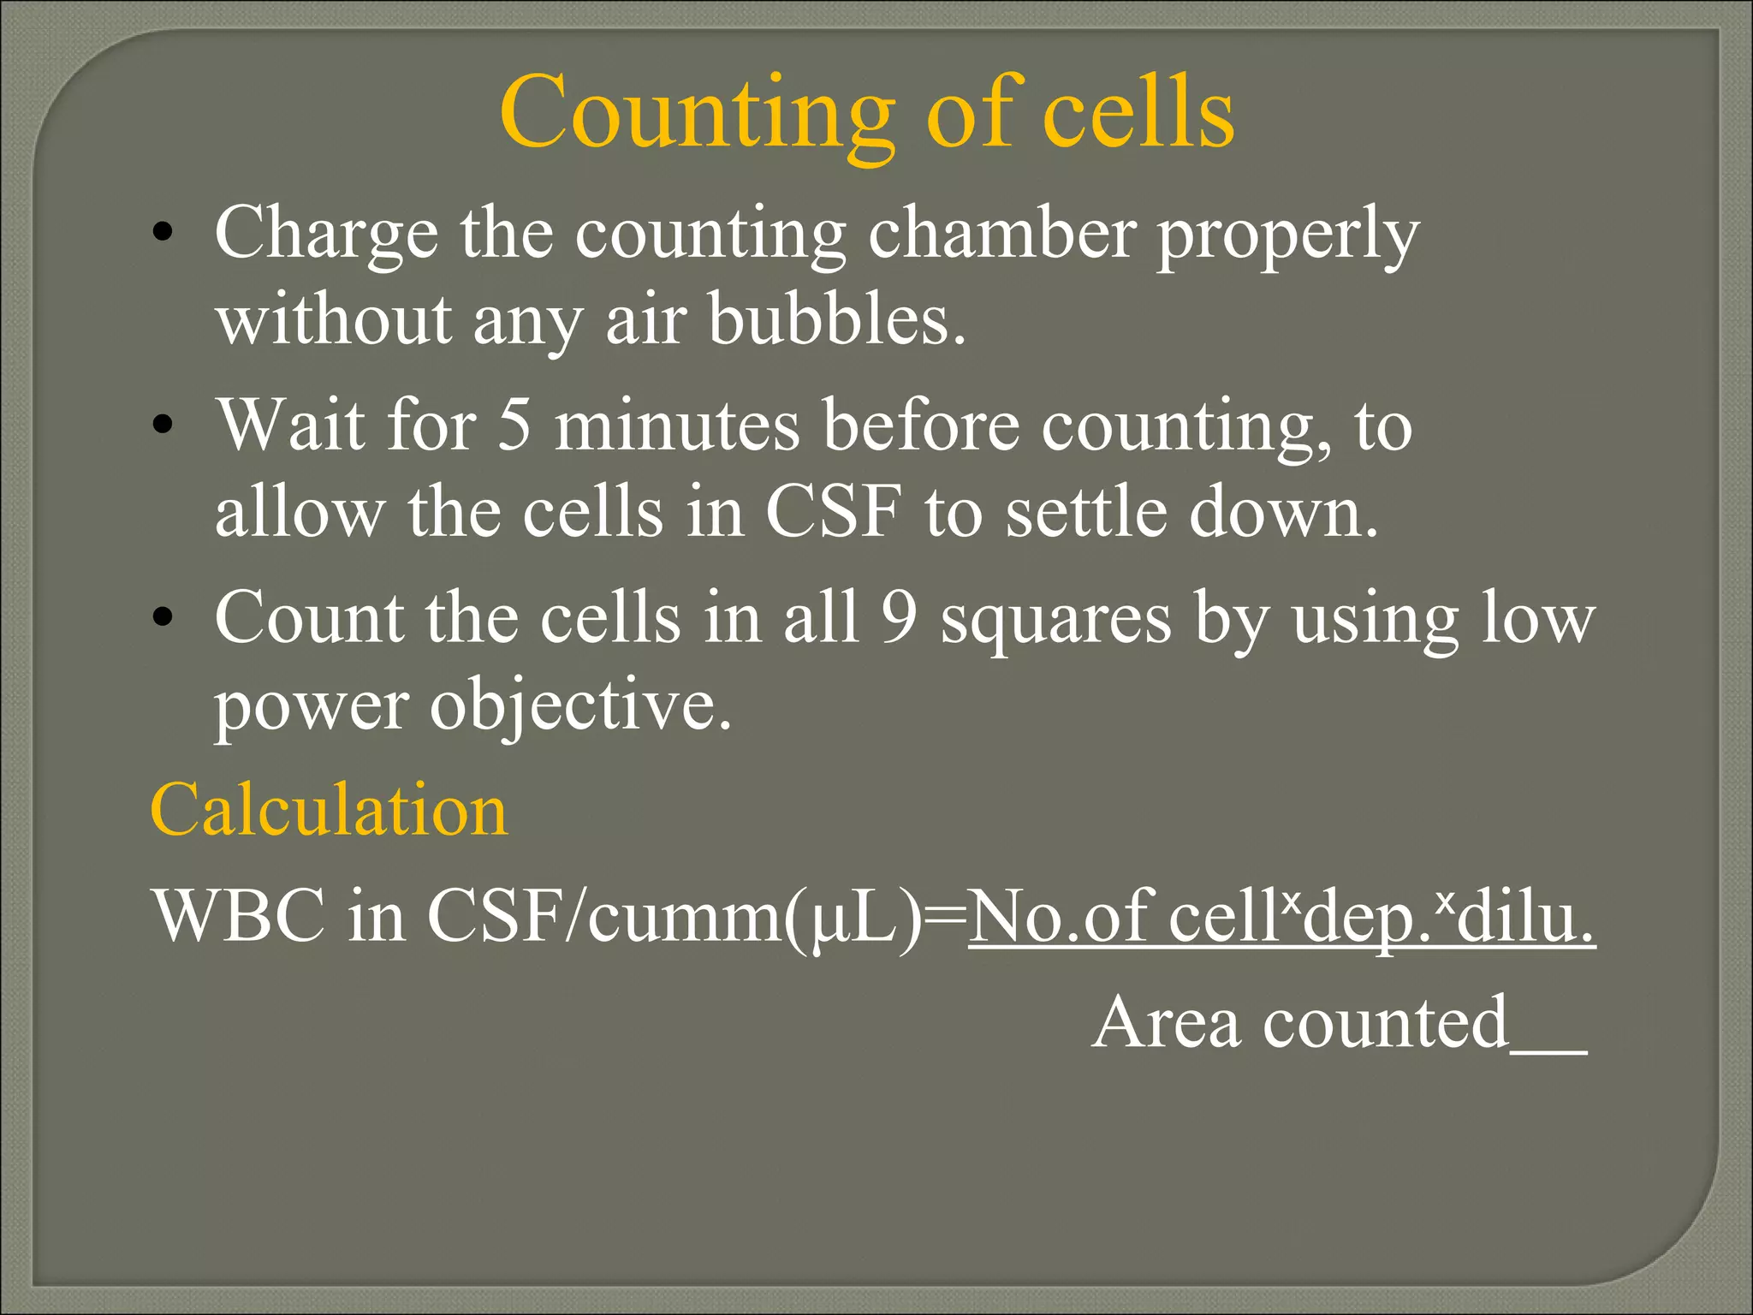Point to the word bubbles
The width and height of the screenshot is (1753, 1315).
[837, 319]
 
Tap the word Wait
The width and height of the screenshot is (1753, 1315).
[290, 425]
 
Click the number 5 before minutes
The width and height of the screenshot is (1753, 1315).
[514, 425]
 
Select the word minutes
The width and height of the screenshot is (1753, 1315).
[677, 425]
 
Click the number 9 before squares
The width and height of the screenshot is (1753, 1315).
[899, 617]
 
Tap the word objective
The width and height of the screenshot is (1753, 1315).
[580, 707]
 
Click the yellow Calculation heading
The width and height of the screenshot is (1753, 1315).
[329, 810]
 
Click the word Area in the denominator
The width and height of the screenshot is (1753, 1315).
[1166, 1022]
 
